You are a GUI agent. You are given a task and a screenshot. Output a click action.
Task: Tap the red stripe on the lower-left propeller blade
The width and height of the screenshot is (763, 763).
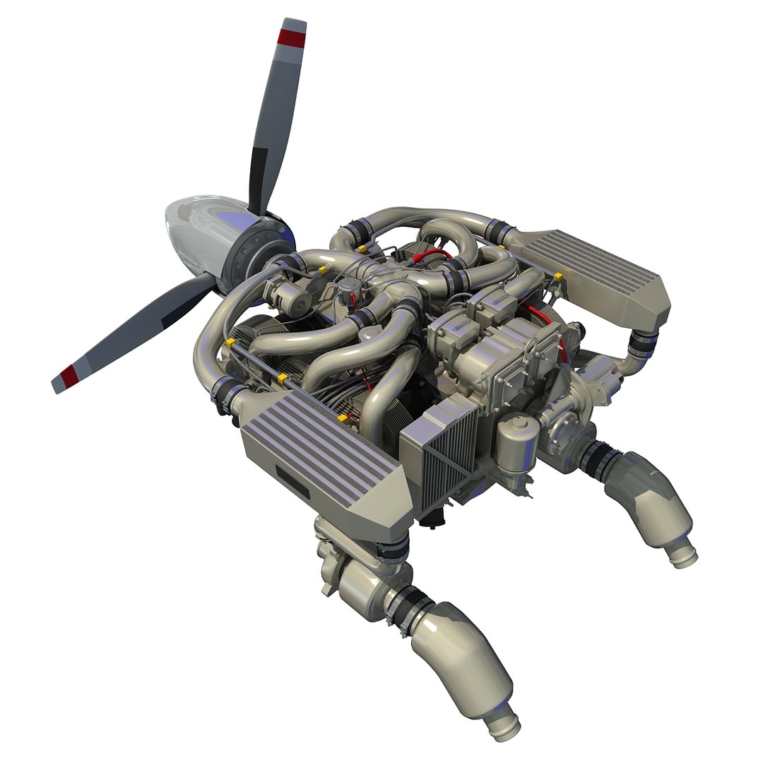pyautogui.click(x=69, y=376)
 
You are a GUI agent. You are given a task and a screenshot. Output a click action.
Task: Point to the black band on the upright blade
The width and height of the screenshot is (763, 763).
pyautogui.click(x=260, y=170)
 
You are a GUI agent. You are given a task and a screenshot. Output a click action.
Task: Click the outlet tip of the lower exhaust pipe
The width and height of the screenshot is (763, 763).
pyautogui.click(x=507, y=728)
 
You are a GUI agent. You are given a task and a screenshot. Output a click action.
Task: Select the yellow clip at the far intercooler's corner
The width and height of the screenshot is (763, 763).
pyautogui.click(x=558, y=276)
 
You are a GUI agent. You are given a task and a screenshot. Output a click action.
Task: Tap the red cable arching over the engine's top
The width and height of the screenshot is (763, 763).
pyautogui.click(x=431, y=253)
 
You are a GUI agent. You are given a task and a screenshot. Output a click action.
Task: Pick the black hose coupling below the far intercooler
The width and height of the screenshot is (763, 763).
pyautogui.click(x=644, y=343)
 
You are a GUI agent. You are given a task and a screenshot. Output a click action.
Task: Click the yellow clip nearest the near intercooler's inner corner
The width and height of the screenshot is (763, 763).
pyautogui.click(x=343, y=418)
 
